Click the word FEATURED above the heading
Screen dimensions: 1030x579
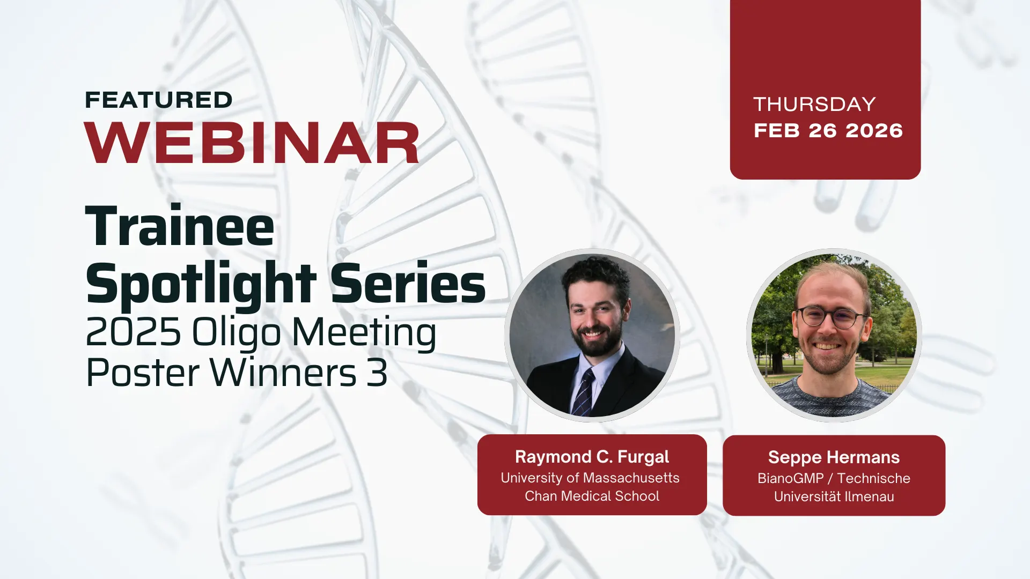pos(159,100)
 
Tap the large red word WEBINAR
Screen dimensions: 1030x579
pos(252,143)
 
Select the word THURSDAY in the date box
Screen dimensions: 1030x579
pos(814,104)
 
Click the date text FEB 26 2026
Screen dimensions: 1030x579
pos(828,130)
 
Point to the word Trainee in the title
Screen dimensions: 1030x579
pos(180,226)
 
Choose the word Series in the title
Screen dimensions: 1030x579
pos(408,283)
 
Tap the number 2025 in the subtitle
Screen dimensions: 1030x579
pos(133,332)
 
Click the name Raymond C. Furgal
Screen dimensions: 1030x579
pos(592,457)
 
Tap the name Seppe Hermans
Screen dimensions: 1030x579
pos(834,457)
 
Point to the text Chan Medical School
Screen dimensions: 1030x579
pos(592,496)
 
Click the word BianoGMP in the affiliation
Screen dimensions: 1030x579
pos(790,478)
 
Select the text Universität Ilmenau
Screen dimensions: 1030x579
pos(834,496)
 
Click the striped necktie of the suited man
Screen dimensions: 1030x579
pos(584,392)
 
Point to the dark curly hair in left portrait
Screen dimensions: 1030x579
pos(595,277)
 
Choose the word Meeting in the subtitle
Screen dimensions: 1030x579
pos(364,333)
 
